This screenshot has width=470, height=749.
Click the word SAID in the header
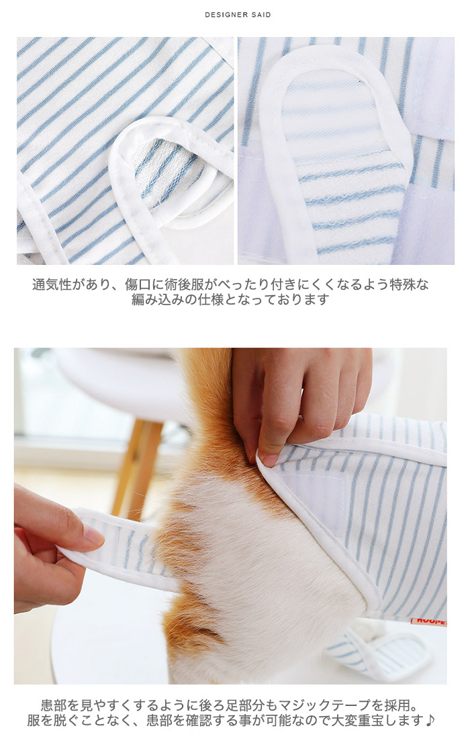pyautogui.click(x=261, y=15)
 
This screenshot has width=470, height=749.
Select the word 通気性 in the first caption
pyautogui.click(x=52, y=284)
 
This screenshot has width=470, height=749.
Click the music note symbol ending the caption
pyautogui.click(x=430, y=720)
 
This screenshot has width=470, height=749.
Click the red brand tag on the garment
pyautogui.click(x=428, y=622)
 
